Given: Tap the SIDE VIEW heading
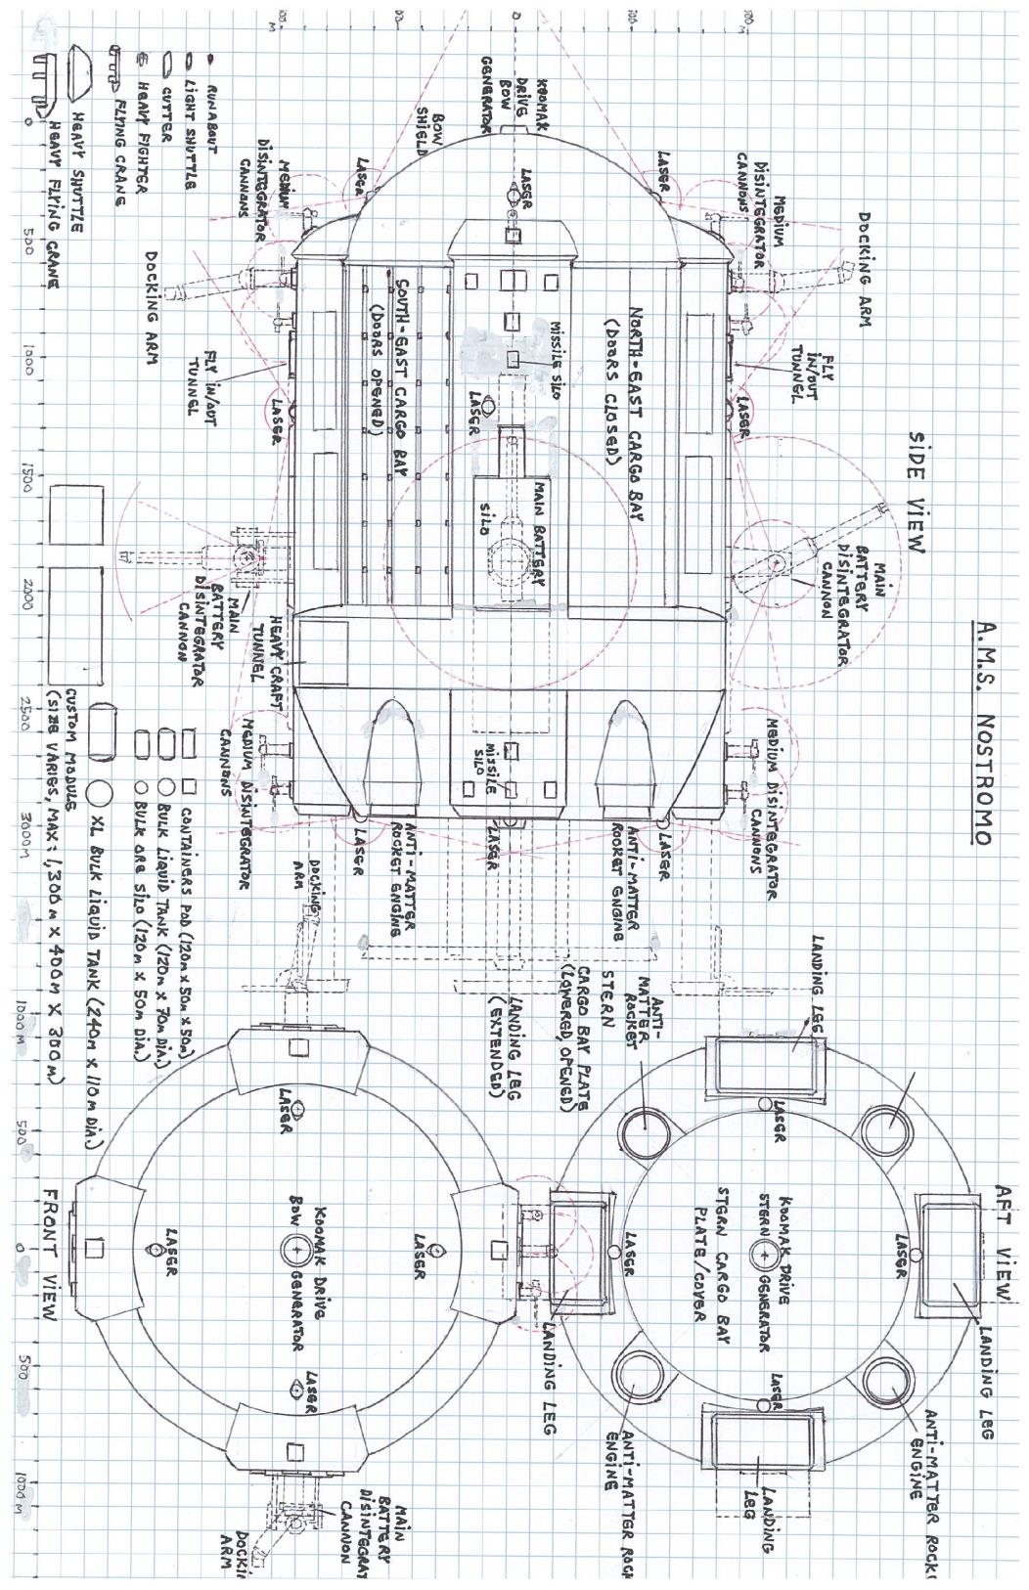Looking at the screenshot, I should pos(919,489).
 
